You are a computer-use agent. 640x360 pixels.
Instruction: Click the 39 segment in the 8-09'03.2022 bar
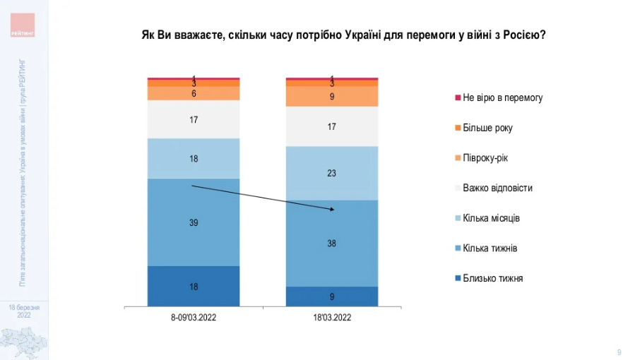(x=194, y=222)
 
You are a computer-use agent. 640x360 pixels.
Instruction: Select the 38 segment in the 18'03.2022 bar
(x=332, y=243)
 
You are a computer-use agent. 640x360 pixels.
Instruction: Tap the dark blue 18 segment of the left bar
(x=194, y=287)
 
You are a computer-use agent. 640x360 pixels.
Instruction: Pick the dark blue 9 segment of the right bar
(x=332, y=297)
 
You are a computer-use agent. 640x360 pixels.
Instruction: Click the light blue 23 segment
(x=332, y=173)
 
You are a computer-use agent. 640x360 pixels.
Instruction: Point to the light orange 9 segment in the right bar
(x=332, y=96)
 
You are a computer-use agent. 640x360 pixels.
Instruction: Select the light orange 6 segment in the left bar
(x=194, y=93)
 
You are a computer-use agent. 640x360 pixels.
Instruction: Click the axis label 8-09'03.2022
(x=194, y=318)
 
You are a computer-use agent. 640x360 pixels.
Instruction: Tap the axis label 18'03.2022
(x=332, y=318)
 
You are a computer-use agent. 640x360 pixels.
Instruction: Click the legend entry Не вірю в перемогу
(x=502, y=97)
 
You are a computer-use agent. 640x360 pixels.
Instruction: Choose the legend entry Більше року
(x=487, y=128)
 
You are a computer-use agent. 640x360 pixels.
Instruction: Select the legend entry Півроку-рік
(x=485, y=157)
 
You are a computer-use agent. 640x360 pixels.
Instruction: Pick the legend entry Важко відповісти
(x=497, y=188)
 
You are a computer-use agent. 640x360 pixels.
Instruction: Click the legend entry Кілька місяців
(x=492, y=218)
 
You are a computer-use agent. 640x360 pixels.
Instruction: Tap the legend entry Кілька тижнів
(x=490, y=248)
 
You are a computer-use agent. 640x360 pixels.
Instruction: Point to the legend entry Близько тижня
(x=492, y=278)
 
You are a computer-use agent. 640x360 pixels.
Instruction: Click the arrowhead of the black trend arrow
(x=333, y=210)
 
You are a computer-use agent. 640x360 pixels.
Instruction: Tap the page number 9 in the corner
(x=619, y=352)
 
